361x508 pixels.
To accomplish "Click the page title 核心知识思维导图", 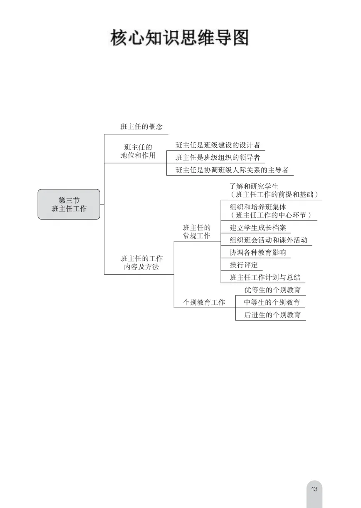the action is pyautogui.click(x=179, y=38).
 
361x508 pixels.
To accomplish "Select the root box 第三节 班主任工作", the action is pyautogui.click(x=69, y=204).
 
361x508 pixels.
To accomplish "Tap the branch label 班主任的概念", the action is pyautogui.click(x=141, y=127).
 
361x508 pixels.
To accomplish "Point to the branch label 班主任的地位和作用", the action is pyautogui.click(x=138, y=151).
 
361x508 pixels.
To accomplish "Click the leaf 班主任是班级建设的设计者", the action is pyautogui.click(x=218, y=145).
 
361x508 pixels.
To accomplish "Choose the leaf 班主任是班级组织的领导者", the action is pyautogui.click(x=218, y=157).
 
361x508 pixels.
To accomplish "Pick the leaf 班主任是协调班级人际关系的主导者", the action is pyautogui.click(x=232, y=170).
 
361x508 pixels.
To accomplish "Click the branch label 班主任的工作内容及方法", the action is pyautogui.click(x=141, y=263).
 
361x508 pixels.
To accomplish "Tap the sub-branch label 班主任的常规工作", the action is pyautogui.click(x=197, y=232).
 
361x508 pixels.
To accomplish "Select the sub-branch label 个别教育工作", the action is pyautogui.click(x=204, y=302).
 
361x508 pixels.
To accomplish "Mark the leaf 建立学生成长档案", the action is pyautogui.click(x=258, y=228).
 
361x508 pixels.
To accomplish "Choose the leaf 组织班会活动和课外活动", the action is pyautogui.click(x=268, y=240).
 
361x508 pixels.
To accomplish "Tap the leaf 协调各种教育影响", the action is pyautogui.click(x=258, y=253).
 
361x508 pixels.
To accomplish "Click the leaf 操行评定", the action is pyautogui.click(x=244, y=265).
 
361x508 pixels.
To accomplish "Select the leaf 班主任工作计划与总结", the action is pyautogui.click(x=265, y=278).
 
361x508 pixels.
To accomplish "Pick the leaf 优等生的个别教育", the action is pyautogui.click(x=272, y=290).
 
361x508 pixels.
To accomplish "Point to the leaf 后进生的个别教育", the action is pyautogui.click(x=272, y=315).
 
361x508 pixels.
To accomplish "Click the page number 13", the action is pyautogui.click(x=314, y=489).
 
